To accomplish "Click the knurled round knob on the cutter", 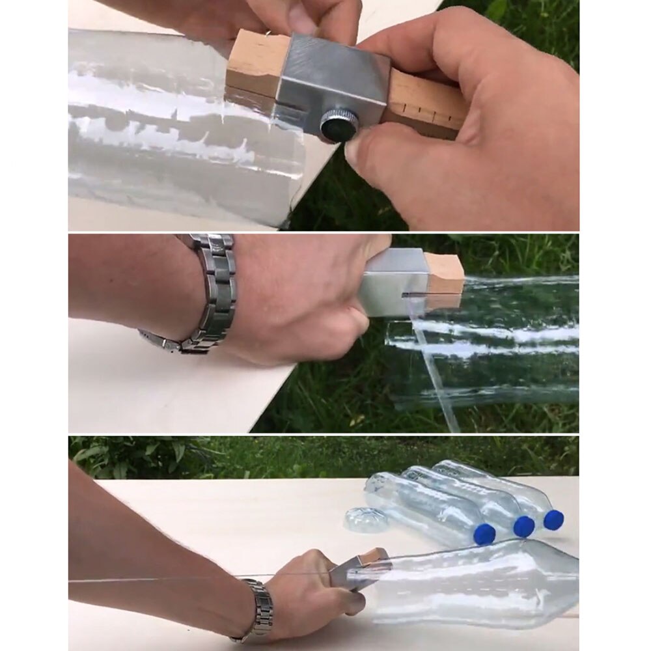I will (x=337, y=124).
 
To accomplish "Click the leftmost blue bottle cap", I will (x=484, y=534).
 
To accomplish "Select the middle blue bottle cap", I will (x=523, y=527).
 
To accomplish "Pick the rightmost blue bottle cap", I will (x=553, y=519).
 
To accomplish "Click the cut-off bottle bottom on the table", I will (x=366, y=519).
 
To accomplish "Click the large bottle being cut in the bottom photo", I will (x=475, y=583).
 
